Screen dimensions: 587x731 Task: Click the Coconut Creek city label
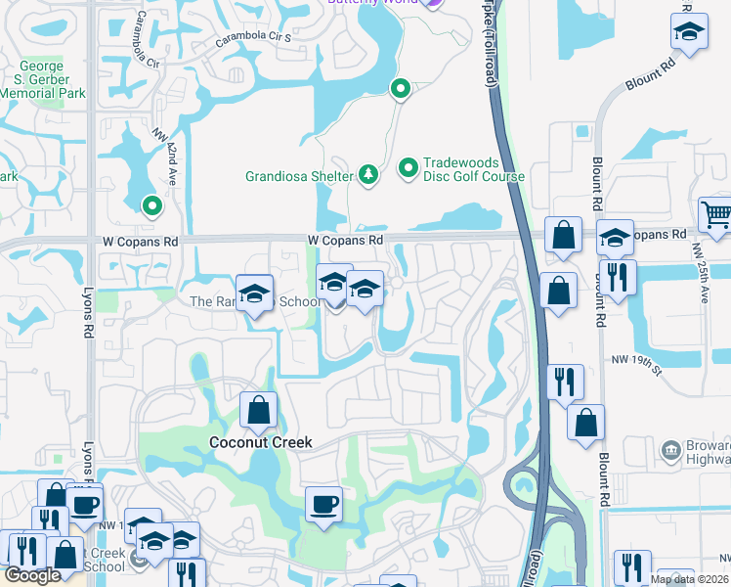(261, 442)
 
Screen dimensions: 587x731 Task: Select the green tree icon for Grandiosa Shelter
(368, 174)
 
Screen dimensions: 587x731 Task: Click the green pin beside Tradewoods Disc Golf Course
(409, 170)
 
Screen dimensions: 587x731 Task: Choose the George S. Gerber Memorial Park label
(43, 80)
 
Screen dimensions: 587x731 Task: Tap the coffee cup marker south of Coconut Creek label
(323, 505)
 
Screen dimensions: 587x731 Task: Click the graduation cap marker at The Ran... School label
(254, 293)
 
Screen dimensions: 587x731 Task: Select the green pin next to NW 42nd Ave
(151, 206)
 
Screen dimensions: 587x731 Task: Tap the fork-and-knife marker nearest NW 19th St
(565, 381)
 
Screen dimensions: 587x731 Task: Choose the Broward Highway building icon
(671, 450)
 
